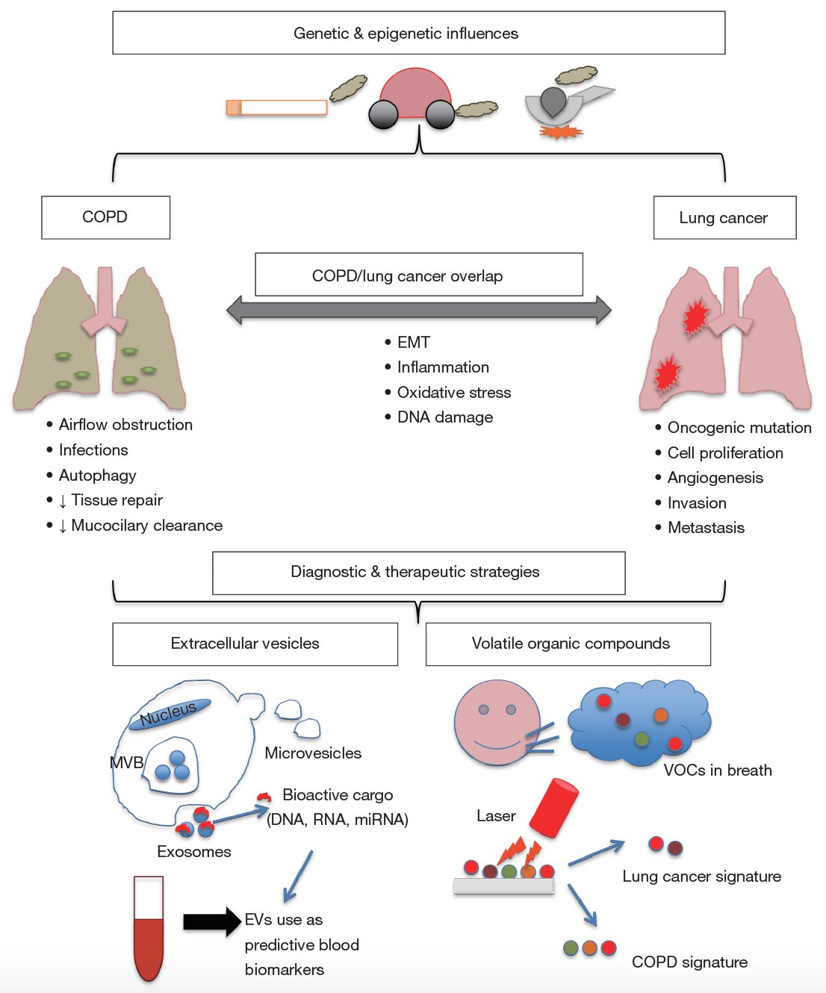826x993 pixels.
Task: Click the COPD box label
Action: click(105, 217)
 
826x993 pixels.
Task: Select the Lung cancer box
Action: click(724, 218)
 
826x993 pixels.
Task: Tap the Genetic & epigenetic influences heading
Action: click(406, 34)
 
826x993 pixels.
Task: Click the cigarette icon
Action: click(277, 108)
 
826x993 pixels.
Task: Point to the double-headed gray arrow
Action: click(418, 310)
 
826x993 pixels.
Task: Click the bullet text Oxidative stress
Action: click(453, 393)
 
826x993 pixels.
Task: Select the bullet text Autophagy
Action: click(97, 476)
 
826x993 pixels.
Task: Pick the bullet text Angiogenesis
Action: click(715, 478)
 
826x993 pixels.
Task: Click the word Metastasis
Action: click(706, 528)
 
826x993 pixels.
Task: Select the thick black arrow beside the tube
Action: click(212, 921)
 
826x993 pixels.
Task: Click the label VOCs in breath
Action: click(717, 771)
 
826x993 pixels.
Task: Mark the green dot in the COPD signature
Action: click(571, 947)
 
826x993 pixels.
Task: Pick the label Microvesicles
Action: click(313, 753)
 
